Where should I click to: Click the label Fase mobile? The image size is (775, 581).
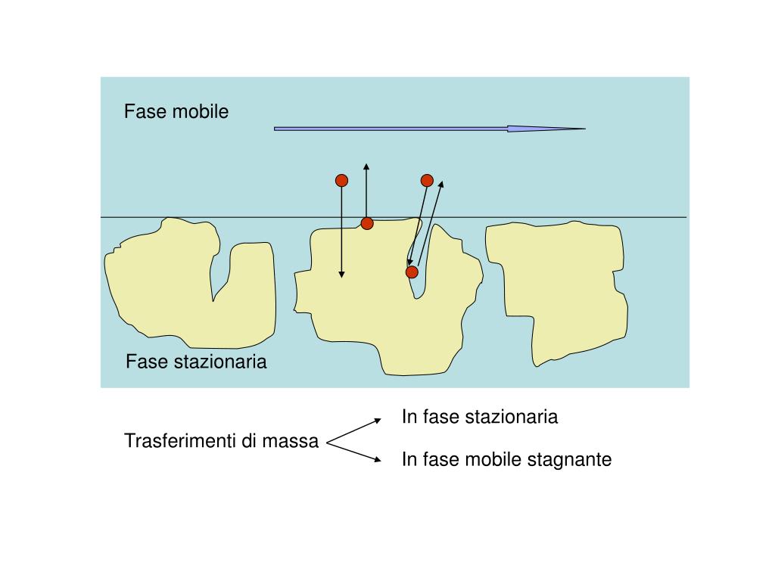(176, 112)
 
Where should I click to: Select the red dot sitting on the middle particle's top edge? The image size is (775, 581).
(367, 223)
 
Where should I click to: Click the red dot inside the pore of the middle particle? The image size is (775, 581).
(412, 272)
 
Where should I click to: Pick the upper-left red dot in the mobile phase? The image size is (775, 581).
(341, 180)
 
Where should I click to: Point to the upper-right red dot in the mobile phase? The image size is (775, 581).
(427, 180)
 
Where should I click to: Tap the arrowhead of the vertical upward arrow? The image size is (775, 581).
(366, 165)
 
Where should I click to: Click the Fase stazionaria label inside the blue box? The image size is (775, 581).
(196, 362)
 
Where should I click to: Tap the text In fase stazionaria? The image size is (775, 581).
(480, 416)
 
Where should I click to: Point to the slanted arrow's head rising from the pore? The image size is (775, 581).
(442, 182)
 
